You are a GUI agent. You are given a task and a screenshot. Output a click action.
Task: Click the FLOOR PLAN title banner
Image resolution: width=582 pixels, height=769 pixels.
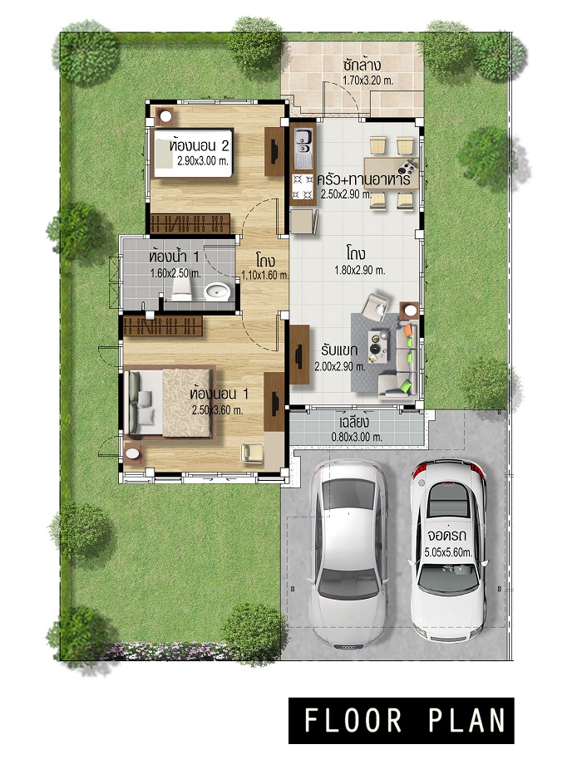pyautogui.click(x=401, y=720)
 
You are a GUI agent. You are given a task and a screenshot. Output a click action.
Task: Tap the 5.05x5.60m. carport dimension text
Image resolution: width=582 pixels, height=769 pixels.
pyautogui.click(x=448, y=551)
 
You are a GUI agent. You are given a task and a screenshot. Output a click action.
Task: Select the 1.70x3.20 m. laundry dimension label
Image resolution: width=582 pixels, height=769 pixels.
pyautogui.click(x=367, y=81)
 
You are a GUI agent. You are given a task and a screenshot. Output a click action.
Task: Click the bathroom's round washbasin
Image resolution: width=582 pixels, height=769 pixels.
pyautogui.click(x=217, y=291)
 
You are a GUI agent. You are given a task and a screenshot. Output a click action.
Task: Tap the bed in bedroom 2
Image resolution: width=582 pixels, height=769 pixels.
pyautogui.click(x=193, y=153)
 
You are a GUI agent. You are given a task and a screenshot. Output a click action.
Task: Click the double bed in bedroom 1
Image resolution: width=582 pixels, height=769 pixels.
pyautogui.click(x=170, y=402)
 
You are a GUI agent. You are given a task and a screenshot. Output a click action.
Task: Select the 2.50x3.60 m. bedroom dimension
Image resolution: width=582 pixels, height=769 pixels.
pyautogui.click(x=218, y=410)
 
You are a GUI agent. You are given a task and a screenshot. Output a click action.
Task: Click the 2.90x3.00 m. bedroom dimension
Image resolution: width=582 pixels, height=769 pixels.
pyautogui.click(x=204, y=160)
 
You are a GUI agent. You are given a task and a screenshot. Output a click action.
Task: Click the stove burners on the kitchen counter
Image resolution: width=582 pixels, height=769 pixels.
pyautogui.click(x=303, y=186)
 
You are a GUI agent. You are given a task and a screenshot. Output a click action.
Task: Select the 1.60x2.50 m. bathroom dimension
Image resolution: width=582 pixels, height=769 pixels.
pyautogui.click(x=175, y=273)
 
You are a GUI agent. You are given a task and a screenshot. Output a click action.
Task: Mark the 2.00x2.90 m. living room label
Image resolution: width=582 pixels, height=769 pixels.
pyautogui.click(x=340, y=366)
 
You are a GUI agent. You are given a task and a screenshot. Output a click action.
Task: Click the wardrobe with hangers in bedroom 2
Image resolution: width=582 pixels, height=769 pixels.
pyautogui.click(x=190, y=223)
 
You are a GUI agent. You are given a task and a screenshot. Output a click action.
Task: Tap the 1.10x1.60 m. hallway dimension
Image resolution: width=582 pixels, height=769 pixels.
pyautogui.click(x=265, y=275)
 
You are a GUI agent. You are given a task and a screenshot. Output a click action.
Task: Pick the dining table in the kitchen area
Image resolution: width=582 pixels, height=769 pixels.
pyautogui.click(x=392, y=173)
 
